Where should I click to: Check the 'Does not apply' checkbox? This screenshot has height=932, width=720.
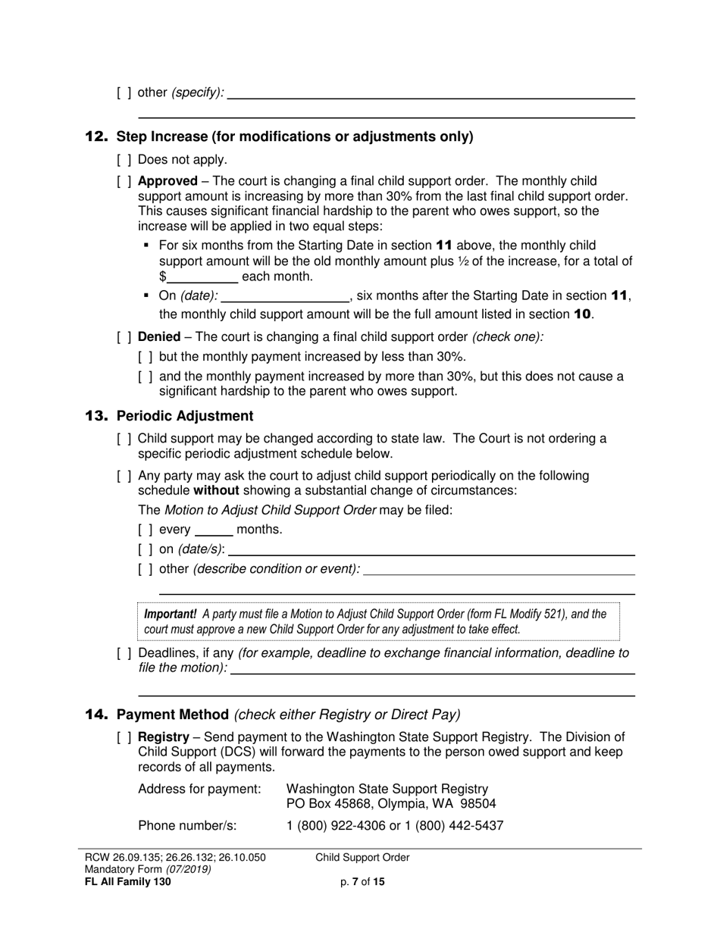tap(124, 160)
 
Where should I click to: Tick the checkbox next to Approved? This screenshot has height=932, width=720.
tap(124, 182)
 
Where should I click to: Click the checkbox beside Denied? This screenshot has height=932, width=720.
tap(124, 336)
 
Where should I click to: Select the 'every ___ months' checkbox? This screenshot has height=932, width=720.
tap(146, 530)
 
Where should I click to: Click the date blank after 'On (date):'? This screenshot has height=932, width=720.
tap(284, 296)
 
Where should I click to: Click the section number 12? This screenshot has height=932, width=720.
tap(96, 137)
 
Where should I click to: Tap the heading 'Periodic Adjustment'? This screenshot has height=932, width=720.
tap(185, 416)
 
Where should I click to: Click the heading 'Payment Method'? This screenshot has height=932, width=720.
tap(173, 715)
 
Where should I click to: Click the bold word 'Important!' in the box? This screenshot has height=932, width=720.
tap(171, 615)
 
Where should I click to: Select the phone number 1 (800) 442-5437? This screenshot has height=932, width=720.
tap(458, 825)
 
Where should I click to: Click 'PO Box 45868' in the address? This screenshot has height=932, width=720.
tap(324, 804)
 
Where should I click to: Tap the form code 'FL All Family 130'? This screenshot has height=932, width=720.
tap(127, 882)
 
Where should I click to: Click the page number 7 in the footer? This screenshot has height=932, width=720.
tap(355, 882)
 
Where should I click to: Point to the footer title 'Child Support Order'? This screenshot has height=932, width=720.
tap(362, 858)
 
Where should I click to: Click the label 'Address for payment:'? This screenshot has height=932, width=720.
tap(199, 790)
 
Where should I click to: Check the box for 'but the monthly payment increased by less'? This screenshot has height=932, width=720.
tap(146, 357)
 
